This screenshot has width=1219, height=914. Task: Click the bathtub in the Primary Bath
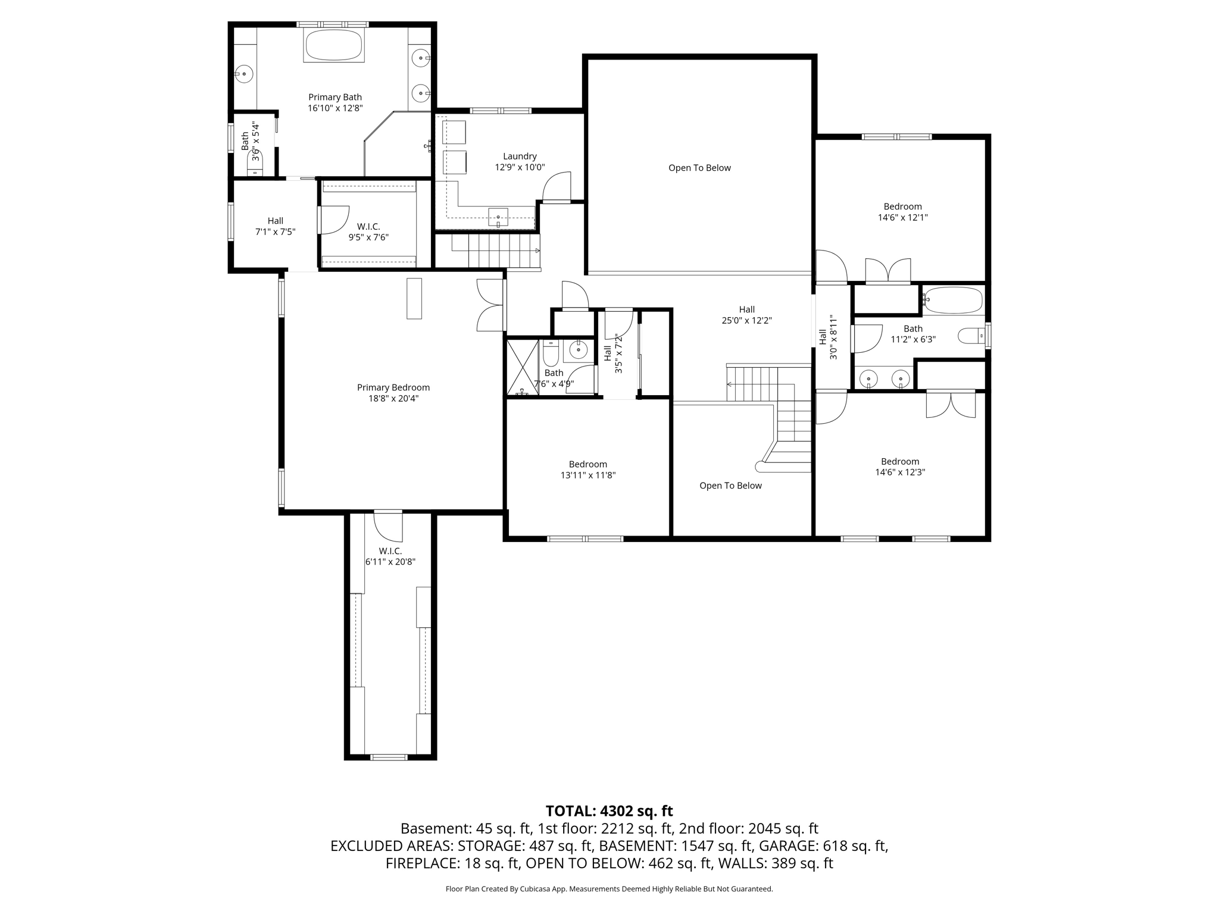coord(333,45)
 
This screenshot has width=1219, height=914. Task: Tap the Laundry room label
coord(520,162)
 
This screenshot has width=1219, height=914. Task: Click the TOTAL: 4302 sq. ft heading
coord(609,811)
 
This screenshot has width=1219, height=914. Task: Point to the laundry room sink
coord(498,217)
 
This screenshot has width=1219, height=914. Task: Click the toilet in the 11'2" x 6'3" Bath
coord(972,336)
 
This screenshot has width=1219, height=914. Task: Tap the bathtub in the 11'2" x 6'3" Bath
coord(952,301)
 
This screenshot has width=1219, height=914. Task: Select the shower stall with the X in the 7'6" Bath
coord(523,367)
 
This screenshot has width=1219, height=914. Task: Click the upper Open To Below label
coord(699,168)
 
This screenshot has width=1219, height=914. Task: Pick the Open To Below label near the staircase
coord(730,486)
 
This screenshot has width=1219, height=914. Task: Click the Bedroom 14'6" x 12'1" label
coord(902,212)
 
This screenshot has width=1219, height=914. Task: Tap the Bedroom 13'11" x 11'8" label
coord(588,469)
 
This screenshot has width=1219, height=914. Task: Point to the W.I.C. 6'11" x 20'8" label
coord(390,556)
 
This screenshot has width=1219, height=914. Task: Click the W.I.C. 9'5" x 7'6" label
coord(368,231)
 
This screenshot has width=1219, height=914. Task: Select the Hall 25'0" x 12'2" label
coord(746,315)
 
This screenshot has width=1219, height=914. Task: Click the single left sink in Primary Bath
coord(243,74)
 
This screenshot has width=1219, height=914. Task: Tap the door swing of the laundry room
coord(557,187)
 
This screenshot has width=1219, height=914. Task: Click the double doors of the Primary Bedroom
coord(491,305)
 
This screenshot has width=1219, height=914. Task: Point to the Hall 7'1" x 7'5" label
coord(275,226)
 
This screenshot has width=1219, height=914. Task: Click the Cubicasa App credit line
coord(609,889)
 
